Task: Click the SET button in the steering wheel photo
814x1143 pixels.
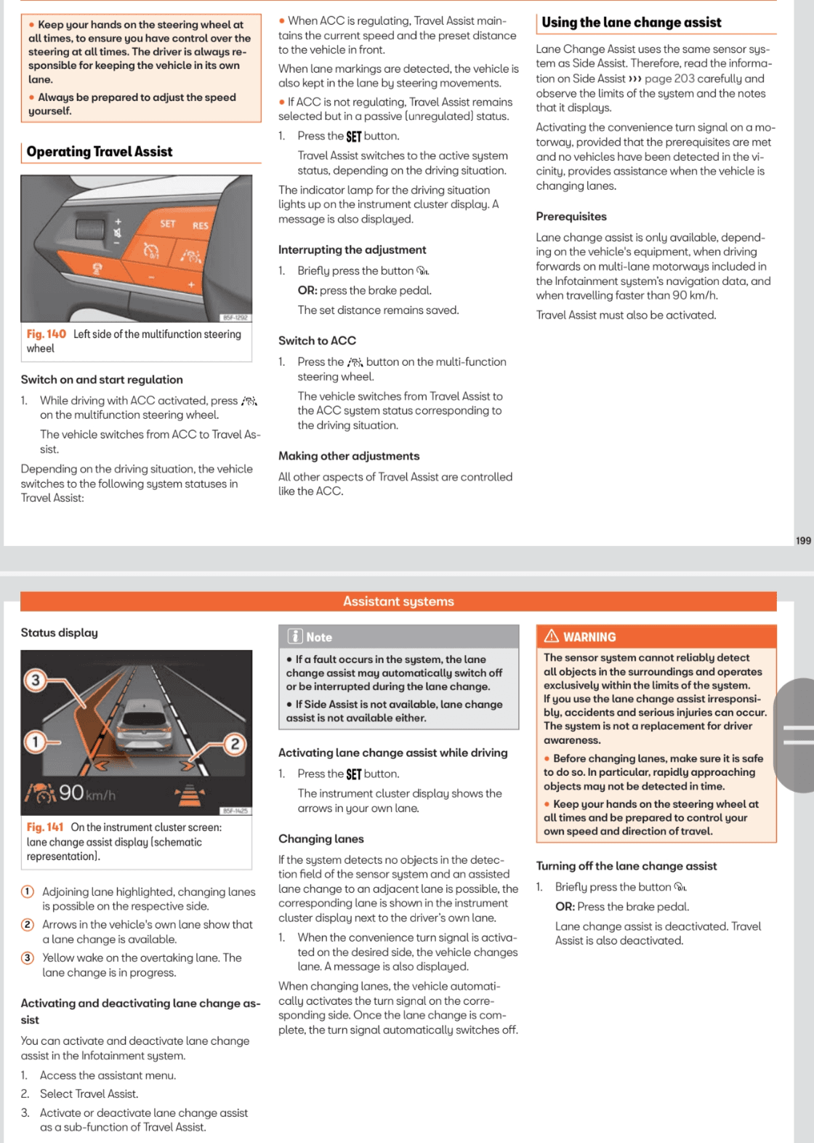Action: [x=168, y=224]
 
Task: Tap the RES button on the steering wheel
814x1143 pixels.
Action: [x=200, y=225]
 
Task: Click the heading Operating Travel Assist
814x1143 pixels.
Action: [x=100, y=152]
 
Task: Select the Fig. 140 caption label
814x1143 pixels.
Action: [x=46, y=334]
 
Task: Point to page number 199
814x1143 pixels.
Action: [x=803, y=540]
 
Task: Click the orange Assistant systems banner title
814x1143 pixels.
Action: [x=398, y=601]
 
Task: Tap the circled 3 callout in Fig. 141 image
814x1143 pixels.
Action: [x=35, y=681]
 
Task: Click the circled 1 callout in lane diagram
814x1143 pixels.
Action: [x=34, y=742]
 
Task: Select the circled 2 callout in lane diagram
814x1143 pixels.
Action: [x=235, y=744]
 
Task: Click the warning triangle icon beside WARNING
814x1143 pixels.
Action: [x=552, y=636]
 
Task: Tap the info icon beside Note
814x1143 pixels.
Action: [x=295, y=636]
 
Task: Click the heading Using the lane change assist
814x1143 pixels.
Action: [x=631, y=23]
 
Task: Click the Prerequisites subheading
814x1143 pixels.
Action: [x=571, y=217]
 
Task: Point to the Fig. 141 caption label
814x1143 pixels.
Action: [x=45, y=827]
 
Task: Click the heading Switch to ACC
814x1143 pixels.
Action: [x=317, y=341]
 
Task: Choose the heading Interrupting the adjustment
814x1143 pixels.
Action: [x=352, y=250]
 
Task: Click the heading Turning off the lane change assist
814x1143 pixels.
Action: [x=626, y=866]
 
